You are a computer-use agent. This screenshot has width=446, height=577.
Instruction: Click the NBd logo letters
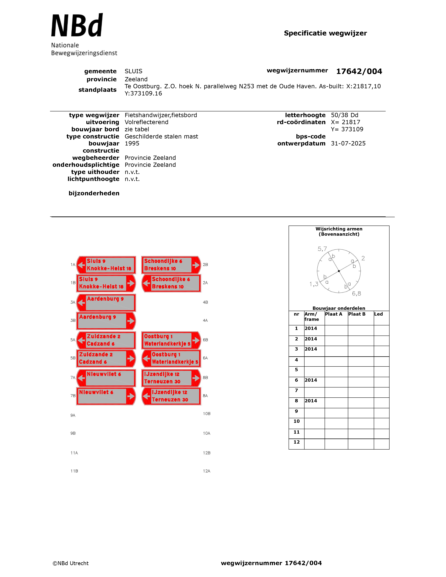coord(77,26)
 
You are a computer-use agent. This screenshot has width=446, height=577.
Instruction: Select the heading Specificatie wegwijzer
coord(325,33)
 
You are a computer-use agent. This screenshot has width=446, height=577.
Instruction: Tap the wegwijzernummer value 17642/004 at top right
coord(359,71)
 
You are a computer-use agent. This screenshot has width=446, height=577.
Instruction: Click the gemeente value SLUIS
coord(133,71)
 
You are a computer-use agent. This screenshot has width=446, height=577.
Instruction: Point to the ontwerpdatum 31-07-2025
coord(348,143)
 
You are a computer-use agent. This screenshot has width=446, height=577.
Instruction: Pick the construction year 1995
coord(132,143)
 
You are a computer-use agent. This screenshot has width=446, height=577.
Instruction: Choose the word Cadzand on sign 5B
coord(90,362)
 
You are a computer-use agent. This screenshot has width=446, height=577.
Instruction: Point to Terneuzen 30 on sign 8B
coord(162,382)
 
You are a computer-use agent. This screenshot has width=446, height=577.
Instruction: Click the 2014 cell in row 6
coord(311,380)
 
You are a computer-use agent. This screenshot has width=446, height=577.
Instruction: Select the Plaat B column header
coord(357,314)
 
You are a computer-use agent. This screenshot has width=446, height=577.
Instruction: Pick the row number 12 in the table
coord(296,442)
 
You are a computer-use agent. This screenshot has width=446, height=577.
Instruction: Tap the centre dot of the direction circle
coord(339,271)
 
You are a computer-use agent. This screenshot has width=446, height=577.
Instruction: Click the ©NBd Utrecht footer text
coord(70,563)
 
